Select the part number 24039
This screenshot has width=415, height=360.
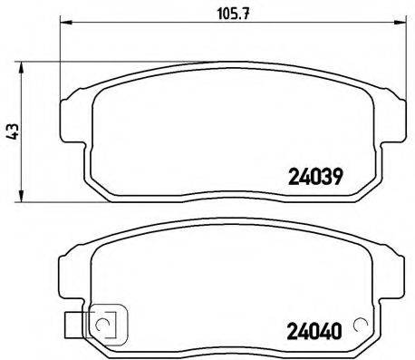(314, 179)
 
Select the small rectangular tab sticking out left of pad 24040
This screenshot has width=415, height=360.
(72, 320)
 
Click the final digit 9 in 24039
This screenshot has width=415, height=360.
(336, 179)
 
